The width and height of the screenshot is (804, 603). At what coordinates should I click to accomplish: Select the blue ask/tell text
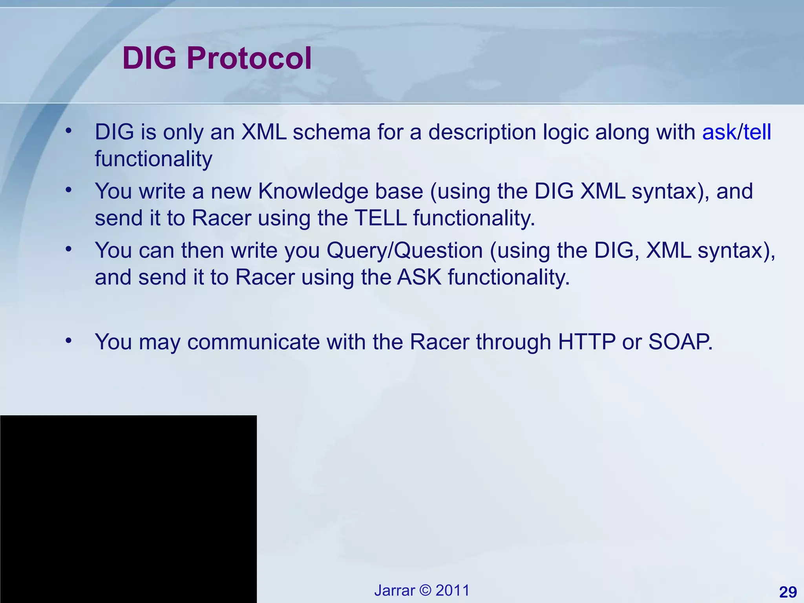tap(736, 132)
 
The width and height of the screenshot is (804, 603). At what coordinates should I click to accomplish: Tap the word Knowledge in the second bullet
tap(340, 192)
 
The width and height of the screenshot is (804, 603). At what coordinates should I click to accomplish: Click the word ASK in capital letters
tap(419, 277)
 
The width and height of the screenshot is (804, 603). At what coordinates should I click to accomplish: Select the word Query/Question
tap(404, 251)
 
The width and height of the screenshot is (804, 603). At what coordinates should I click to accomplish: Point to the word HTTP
tap(587, 342)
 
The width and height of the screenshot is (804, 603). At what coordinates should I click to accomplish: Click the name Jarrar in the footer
tap(394, 590)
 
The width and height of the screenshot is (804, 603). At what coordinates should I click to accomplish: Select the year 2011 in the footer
tap(452, 590)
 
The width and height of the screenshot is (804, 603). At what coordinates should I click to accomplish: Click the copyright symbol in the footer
tap(425, 590)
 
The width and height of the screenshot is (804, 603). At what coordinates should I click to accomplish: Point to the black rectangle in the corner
tap(128, 509)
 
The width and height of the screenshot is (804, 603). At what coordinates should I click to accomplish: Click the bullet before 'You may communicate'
tap(69, 340)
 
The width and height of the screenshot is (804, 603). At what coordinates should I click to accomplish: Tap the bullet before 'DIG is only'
tap(69, 131)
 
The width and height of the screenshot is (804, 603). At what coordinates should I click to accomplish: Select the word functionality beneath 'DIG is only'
tap(153, 159)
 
